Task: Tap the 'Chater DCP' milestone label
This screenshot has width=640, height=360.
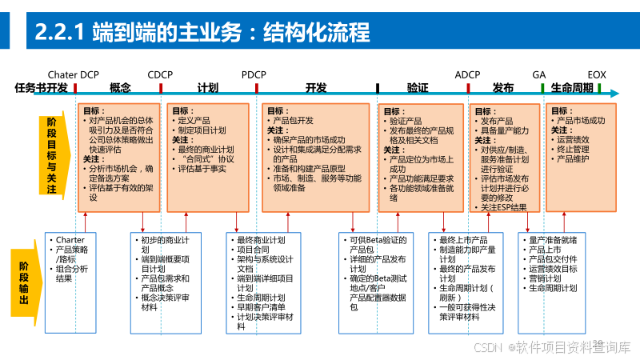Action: click(74, 74)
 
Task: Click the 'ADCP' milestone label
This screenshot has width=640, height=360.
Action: click(467, 74)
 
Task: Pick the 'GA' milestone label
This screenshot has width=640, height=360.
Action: click(539, 74)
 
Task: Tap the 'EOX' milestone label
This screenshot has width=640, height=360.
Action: click(597, 74)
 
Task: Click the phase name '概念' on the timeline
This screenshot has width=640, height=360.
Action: click(120, 88)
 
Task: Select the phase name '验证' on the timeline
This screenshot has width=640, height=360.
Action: click(418, 88)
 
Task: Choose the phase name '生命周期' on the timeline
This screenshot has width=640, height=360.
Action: click(572, 88)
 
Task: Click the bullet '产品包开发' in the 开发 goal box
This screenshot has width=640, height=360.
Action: click(294, 121)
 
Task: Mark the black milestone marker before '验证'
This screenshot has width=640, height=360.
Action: click(377, 88)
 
